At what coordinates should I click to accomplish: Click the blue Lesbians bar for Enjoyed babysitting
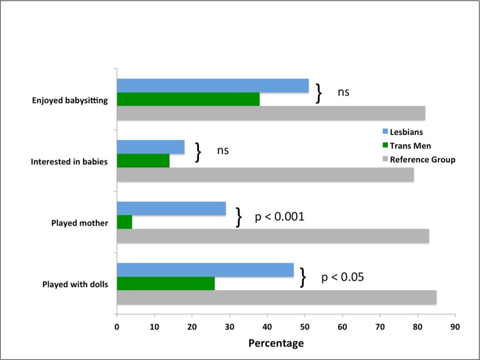(x=213, y=86)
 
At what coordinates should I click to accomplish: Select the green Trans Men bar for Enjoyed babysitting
(x=188, y=99)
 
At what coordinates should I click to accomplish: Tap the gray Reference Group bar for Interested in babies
(x=265, y=175)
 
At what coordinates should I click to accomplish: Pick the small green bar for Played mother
(x=125, y=222)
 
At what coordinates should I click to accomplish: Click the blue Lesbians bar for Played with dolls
(x=205, y=270)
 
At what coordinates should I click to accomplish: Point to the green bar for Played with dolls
(x=165, y=284)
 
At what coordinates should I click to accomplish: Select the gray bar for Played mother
(x=273, y=236)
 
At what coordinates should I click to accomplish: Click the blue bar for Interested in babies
(x=151, y=147)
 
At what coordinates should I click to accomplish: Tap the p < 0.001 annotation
(x=279, y=217)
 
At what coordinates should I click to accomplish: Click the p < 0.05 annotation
(x=342, y=277)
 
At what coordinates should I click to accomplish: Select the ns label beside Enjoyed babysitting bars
(x=343, y=91)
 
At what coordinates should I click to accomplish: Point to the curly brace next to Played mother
(x=239, y=217)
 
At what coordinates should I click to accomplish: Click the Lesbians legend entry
(x=402, y=132)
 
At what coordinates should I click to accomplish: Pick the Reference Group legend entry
(x=418, y=159)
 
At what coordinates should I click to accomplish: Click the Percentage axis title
(x=276, y=343)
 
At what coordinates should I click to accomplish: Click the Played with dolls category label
(x=75, y=284)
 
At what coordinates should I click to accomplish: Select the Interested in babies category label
(x=69, y=161)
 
